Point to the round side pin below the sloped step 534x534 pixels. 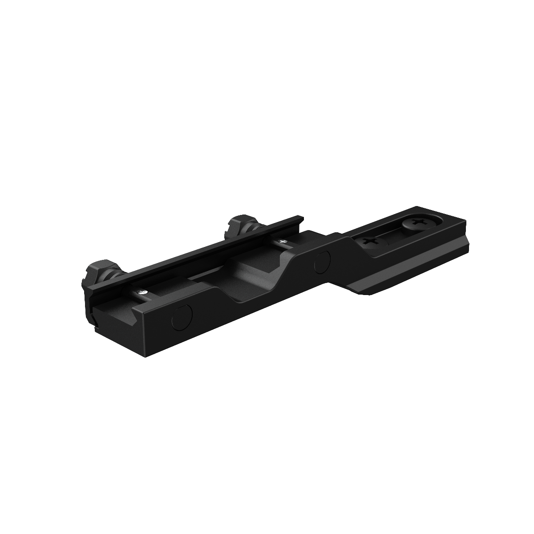(x=322, y=263)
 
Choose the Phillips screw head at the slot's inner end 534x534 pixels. (x=370, y=243)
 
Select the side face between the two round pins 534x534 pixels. (x=249, y=303)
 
